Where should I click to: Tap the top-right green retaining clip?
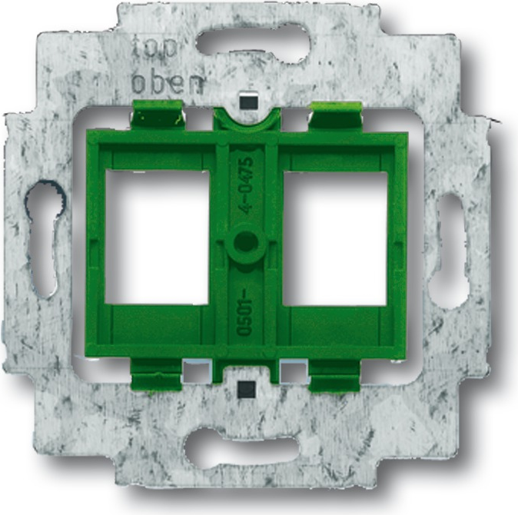click(x=337, y=115)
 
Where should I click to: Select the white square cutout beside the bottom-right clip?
click(x=294, y=370)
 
